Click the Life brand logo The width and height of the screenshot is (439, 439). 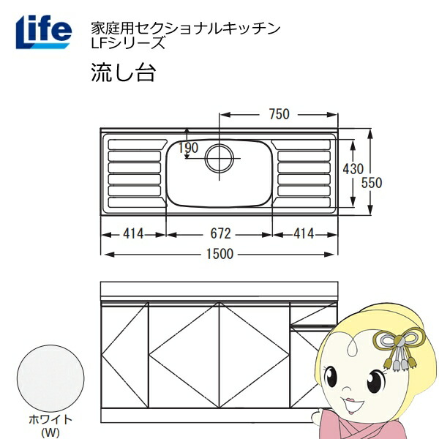44,31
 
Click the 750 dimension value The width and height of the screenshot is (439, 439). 279,114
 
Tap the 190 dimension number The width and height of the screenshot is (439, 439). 189,148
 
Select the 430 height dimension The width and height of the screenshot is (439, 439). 353,169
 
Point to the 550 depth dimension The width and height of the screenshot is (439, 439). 372,183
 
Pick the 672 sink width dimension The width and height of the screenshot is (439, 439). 221,234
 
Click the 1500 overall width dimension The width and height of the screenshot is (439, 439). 219,254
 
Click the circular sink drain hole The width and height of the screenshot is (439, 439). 219,158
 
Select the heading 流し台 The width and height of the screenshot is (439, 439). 123,72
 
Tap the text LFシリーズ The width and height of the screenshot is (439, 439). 128,43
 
